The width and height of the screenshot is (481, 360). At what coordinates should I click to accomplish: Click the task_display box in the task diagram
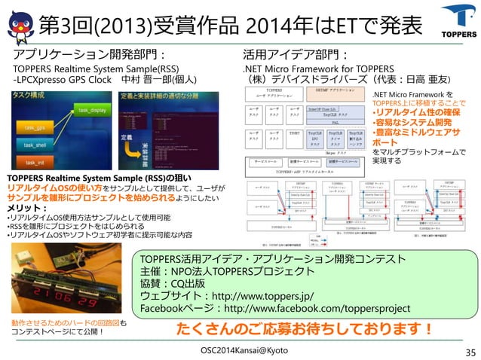[92, 111]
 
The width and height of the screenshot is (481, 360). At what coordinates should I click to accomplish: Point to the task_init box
[35, 161]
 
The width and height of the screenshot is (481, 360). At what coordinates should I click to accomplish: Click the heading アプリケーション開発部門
[88, 54]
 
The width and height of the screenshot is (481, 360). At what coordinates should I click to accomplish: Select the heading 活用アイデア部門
[294, 54]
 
